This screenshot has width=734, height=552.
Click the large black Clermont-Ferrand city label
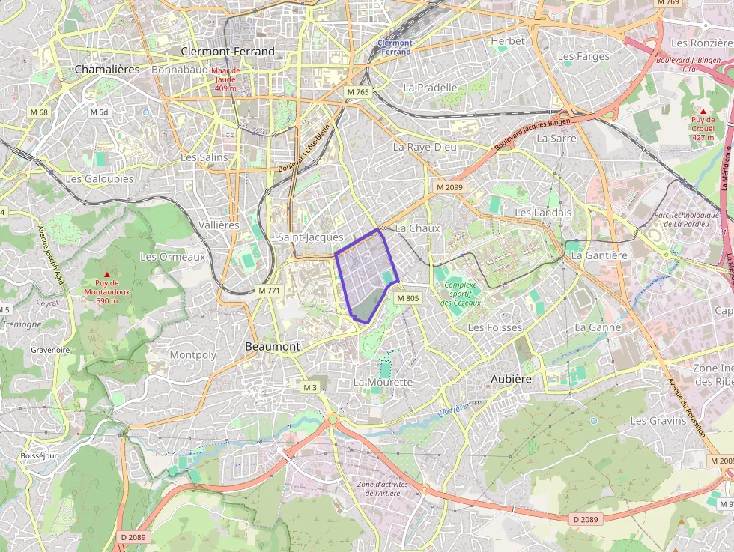coord(228,51)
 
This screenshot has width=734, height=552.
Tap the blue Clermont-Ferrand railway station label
coord(395,47)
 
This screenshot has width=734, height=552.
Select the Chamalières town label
coord(107,69)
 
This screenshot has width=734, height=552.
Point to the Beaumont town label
coord(273,346)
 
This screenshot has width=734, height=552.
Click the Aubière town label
coord(512,379)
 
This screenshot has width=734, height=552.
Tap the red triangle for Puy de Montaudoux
coord(106,274)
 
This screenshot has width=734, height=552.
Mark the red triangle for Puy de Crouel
coord(703,111)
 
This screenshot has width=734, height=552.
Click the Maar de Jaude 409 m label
coord(225,79)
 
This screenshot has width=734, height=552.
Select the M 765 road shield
coord(358,91)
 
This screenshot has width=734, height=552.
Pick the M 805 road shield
coord(408,298)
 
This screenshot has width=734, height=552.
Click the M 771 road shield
coord(268,290)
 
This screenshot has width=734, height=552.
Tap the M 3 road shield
coord(311,387)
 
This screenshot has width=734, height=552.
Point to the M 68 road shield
coord(38,112)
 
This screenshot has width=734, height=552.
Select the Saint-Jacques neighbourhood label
coord(310,237)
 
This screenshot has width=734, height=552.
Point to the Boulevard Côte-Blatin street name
coord(304,145)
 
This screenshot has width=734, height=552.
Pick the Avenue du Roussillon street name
coord(687,408)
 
